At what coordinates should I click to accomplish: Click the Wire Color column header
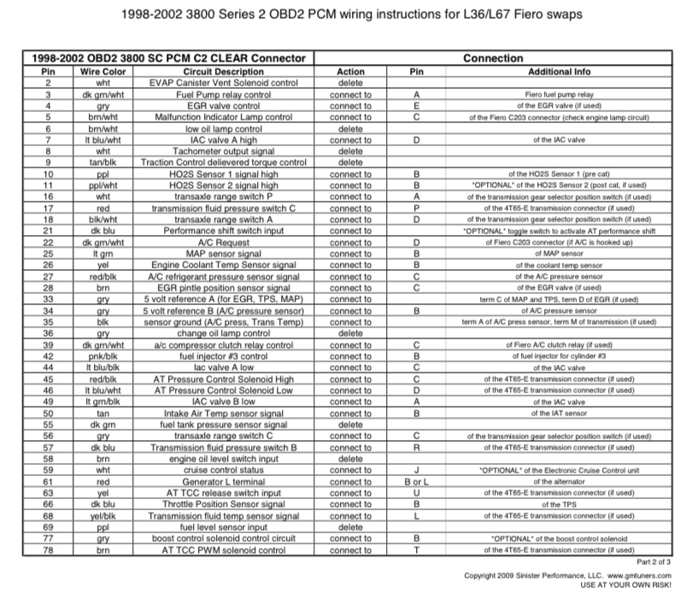[x=103, y=72]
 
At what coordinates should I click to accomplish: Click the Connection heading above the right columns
[x=493, y=58]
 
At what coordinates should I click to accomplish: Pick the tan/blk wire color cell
[x=103, y=162]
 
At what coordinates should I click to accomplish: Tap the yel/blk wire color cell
[x=103, y=516]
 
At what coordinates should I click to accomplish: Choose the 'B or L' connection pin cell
[x=416, y=482]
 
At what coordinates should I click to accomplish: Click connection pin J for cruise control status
[x=416, y=471]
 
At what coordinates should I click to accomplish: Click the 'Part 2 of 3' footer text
[x=655, y=562]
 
